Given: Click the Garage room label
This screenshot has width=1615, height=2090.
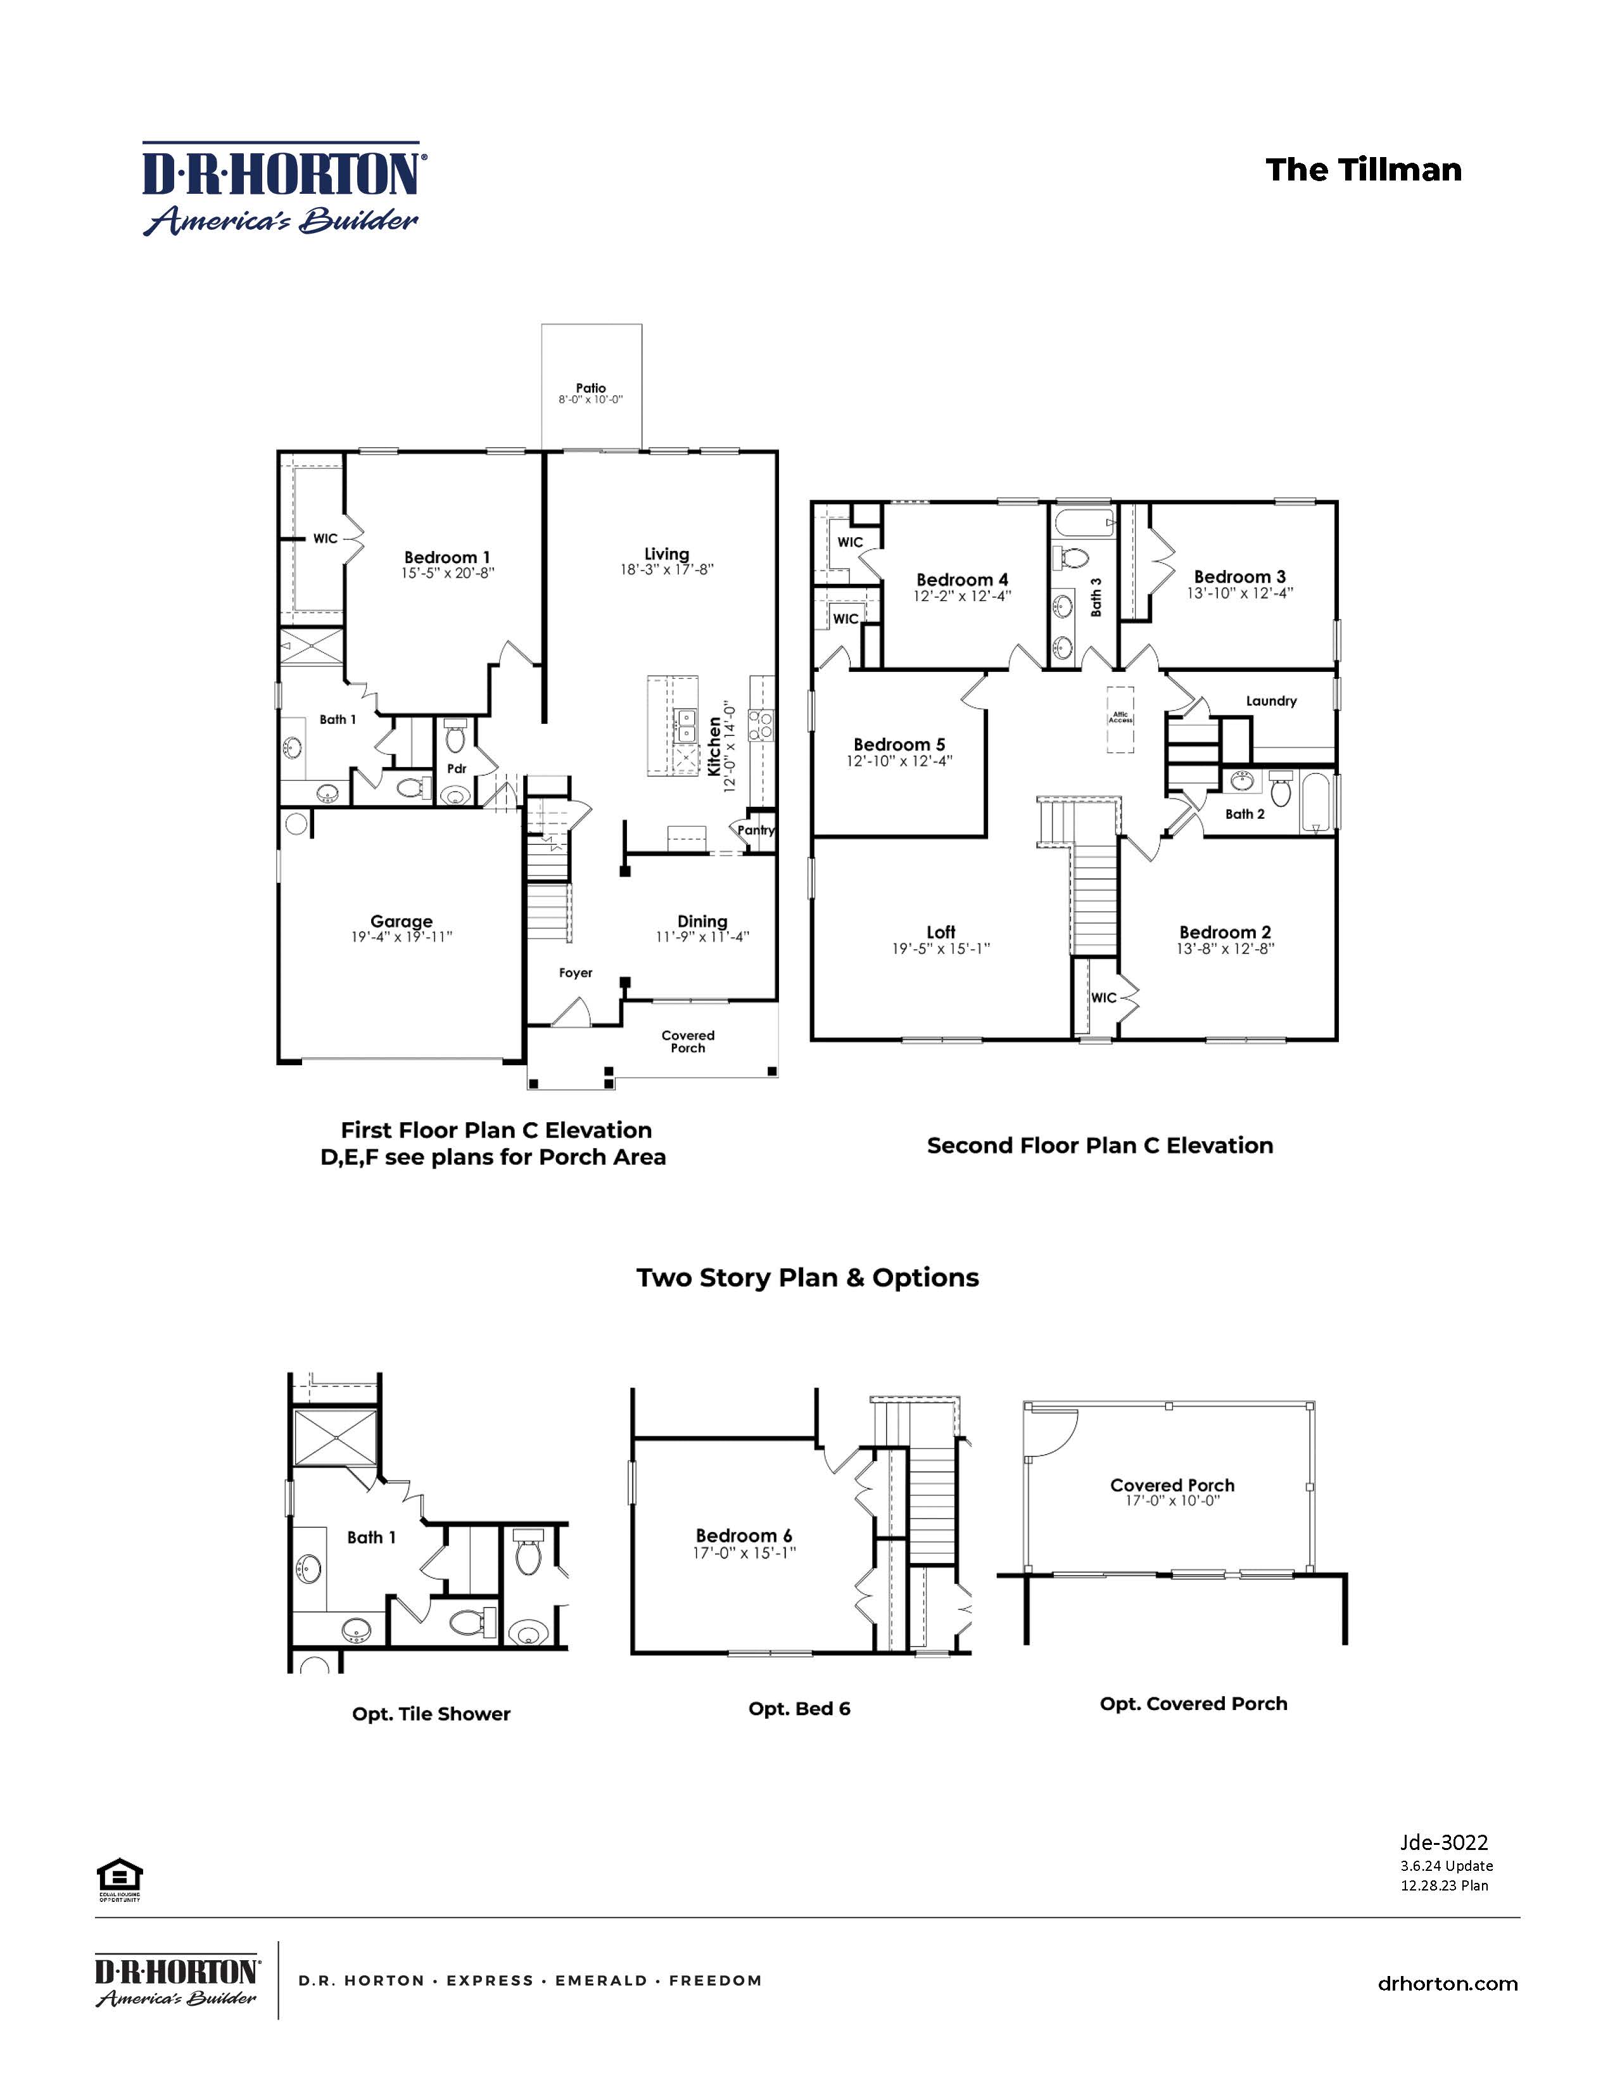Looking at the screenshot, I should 401,921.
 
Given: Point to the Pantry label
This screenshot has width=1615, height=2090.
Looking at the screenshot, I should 755,830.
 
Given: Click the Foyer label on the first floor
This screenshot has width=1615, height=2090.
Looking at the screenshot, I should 575,972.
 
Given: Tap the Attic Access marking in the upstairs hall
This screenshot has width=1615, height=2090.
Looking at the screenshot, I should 1120,718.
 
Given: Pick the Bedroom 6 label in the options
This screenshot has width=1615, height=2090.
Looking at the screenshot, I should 744,1535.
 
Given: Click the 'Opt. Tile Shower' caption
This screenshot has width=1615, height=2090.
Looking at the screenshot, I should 431,1714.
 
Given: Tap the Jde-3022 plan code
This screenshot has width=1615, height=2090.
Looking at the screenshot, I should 1444,1842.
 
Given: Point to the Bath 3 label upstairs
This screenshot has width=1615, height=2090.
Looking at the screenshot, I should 1096,595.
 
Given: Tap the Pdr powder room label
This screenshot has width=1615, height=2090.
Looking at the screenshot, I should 457,768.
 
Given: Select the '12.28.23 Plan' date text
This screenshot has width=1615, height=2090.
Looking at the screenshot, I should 1444,1885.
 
